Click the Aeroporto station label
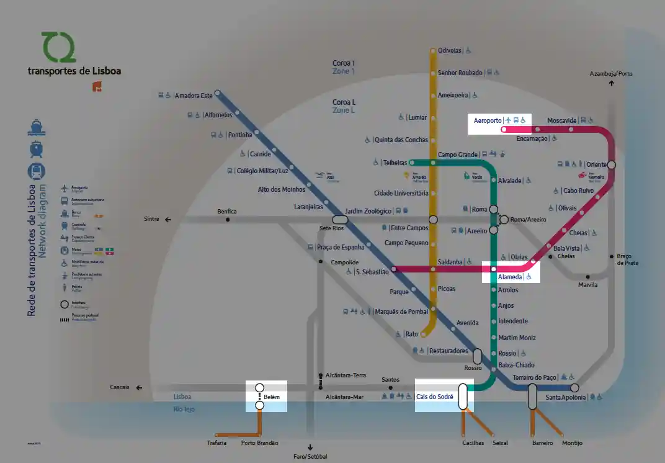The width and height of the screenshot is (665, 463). coord(488,120)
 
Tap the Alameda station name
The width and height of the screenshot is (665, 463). coord(511,277)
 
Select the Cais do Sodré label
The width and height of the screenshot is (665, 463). coord(434,397)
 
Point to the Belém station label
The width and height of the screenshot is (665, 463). coord(272,396)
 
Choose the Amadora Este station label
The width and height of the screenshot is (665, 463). coord(194,96)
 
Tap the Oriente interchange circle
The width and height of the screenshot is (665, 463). coord(612,164)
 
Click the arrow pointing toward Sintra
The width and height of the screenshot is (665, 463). coord(167,219)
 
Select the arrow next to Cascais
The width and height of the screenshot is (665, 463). coord(139,388)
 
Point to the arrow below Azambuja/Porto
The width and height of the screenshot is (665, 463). coord(612,83)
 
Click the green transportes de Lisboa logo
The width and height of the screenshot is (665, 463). coord(58,47)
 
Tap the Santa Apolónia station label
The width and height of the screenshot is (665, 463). coord(565,397)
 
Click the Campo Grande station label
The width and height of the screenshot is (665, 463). coord(458,155)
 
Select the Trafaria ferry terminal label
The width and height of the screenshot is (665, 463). coord(217,443)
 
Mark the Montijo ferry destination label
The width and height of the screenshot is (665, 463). coord(572,443)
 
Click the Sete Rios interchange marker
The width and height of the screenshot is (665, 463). coord(340,220)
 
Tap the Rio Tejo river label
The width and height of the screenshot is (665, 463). coord(184,410)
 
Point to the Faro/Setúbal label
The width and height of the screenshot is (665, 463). coord(310,457)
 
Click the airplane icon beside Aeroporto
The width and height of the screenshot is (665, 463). coord(508,120)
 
